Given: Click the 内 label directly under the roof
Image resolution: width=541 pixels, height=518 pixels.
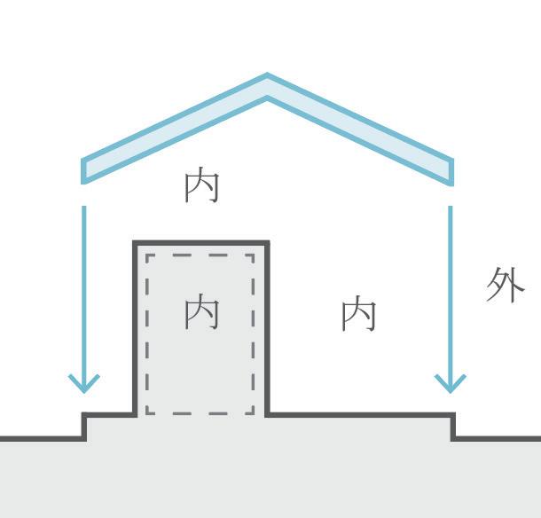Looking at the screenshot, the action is coord(201,186).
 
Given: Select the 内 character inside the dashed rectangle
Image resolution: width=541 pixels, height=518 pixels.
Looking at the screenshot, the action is coord(201,313).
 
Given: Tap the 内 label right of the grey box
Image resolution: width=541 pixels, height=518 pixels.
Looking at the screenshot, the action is coord(359,314).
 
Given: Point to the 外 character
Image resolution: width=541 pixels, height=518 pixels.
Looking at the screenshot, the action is coord(506,286).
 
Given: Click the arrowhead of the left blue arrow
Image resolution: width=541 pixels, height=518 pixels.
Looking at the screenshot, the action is coord(84,384).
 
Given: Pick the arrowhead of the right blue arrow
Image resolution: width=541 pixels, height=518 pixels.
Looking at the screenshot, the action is coord(451,384).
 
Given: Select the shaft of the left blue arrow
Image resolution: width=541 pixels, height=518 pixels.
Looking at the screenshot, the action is coord(84,284).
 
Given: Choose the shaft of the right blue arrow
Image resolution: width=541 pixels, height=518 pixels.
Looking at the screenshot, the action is coord(451,284).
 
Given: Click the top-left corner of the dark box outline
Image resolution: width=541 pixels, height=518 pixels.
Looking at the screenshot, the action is coord(136,242).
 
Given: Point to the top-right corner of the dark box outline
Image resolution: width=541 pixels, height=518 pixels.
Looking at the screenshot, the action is coord(267,242).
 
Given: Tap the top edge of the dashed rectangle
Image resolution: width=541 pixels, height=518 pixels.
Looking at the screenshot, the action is coord(200,255).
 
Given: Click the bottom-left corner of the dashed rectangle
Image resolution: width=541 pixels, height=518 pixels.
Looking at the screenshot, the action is coord(147,412).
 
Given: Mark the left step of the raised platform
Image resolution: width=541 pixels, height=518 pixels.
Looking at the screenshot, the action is coord(85,426).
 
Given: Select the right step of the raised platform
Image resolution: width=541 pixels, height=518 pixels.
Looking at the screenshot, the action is coord(453,426).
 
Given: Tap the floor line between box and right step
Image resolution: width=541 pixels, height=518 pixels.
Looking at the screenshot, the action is coord(359,414).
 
